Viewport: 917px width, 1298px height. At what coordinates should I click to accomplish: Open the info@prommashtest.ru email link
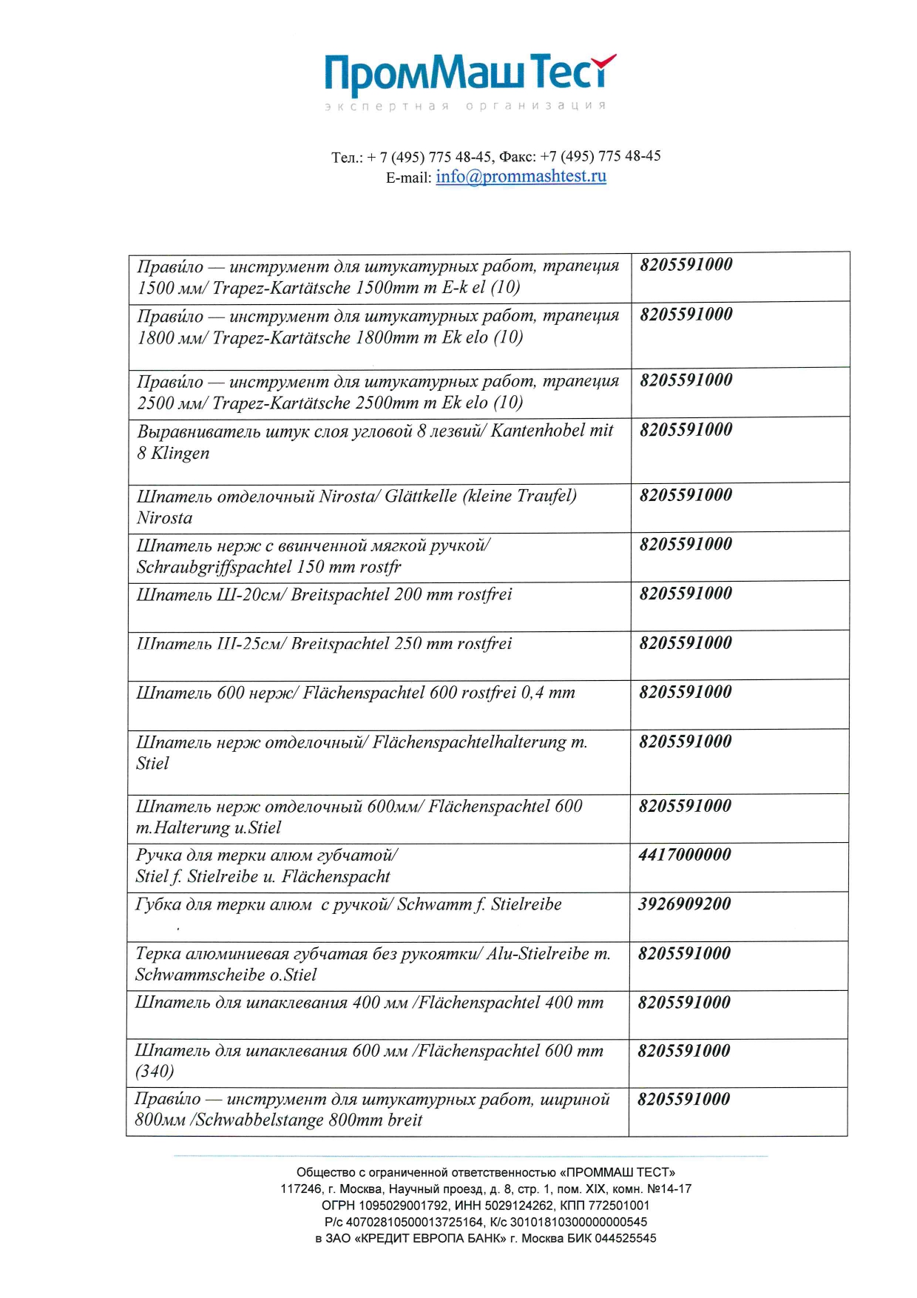521,177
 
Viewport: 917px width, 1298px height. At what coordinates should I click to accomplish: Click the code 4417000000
685,855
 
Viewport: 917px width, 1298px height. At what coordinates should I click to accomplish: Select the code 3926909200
685,904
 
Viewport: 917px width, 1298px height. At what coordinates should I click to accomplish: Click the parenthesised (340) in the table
155,1072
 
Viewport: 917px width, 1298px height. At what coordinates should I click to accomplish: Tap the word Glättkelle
420,497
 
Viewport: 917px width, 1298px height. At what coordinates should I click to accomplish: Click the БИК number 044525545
625,1238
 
